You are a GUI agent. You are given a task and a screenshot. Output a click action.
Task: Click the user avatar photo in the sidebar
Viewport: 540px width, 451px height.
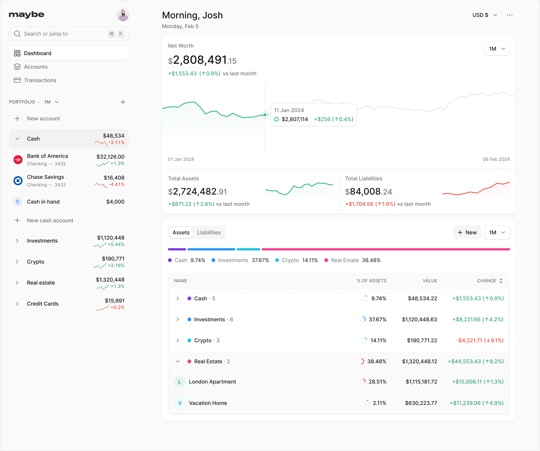123,15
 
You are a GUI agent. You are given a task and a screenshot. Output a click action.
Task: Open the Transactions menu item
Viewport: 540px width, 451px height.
40,80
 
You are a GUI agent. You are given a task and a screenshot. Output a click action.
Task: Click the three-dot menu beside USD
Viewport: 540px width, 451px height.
509,15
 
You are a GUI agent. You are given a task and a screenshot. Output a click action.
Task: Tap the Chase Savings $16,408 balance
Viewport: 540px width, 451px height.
114,178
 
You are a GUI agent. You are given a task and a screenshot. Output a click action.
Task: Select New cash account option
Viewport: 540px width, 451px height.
50,220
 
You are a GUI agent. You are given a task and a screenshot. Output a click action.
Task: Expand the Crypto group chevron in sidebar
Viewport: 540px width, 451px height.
17,262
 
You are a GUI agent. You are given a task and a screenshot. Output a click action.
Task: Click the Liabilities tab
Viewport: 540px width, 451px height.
209,232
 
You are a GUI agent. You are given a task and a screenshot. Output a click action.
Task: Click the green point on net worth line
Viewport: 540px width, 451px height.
265,115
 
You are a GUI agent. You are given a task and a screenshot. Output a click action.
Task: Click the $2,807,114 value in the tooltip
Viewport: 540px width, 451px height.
295,119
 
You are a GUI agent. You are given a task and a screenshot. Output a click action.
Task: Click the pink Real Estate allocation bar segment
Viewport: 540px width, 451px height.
385,249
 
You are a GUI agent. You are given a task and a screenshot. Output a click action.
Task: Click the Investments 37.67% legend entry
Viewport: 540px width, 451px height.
240,260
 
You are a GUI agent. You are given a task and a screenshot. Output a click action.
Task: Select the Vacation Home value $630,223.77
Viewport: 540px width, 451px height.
421,403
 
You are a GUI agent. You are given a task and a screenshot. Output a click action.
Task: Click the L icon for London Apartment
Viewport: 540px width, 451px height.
179,382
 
